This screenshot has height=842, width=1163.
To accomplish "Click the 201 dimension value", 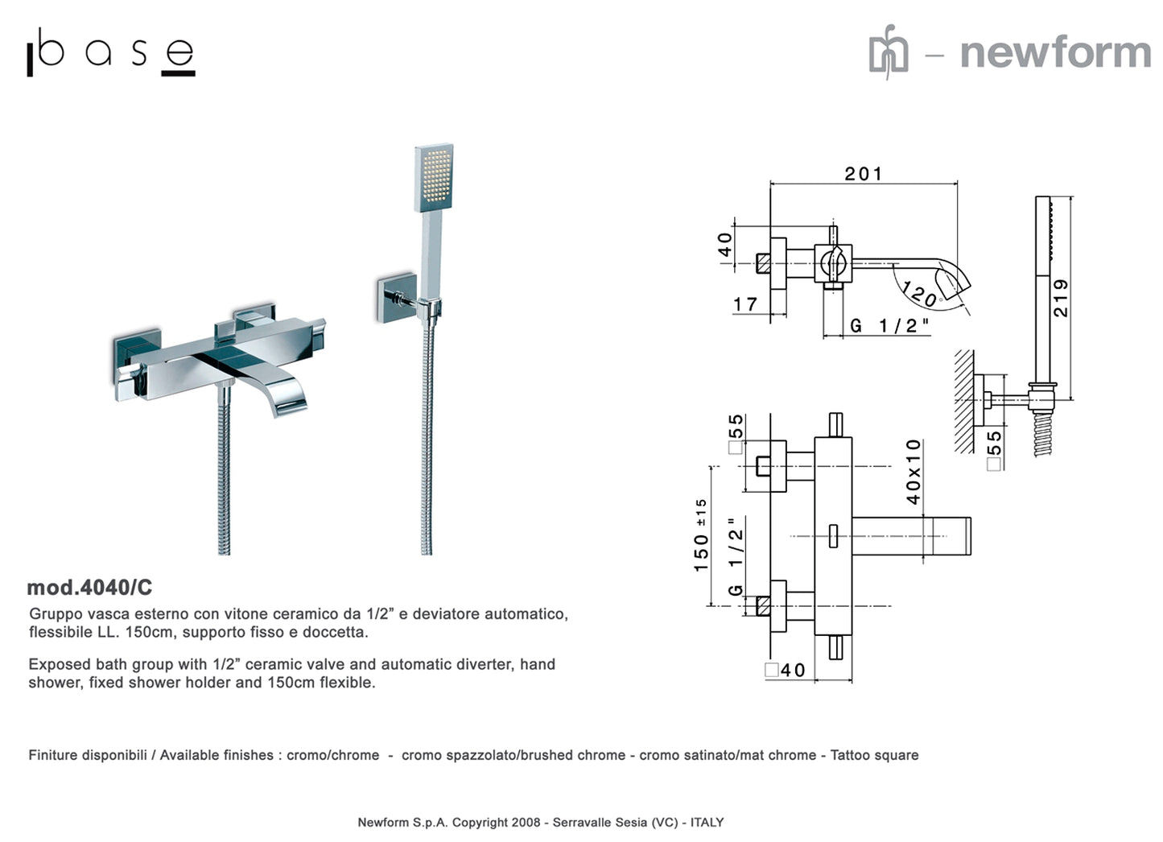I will coord(863,174).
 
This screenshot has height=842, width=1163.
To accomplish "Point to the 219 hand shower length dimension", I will coord(1061,298).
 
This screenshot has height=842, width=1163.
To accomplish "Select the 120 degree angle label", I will coord(920,294).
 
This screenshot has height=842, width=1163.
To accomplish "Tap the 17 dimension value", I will coord(745,304).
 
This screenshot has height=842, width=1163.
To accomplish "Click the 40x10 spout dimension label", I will coord(913,472).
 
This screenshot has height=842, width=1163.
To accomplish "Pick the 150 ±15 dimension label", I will coord(701,535).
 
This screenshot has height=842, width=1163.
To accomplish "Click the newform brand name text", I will coord(1055,53).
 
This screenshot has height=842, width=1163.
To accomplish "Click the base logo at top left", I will coord(111,54).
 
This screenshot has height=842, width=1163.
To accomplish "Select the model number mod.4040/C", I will coord(89,588).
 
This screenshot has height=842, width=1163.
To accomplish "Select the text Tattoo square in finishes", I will coord(874,755).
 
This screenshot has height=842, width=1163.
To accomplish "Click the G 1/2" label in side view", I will coord(889,325).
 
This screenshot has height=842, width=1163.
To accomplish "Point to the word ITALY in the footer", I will coord(707,822).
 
